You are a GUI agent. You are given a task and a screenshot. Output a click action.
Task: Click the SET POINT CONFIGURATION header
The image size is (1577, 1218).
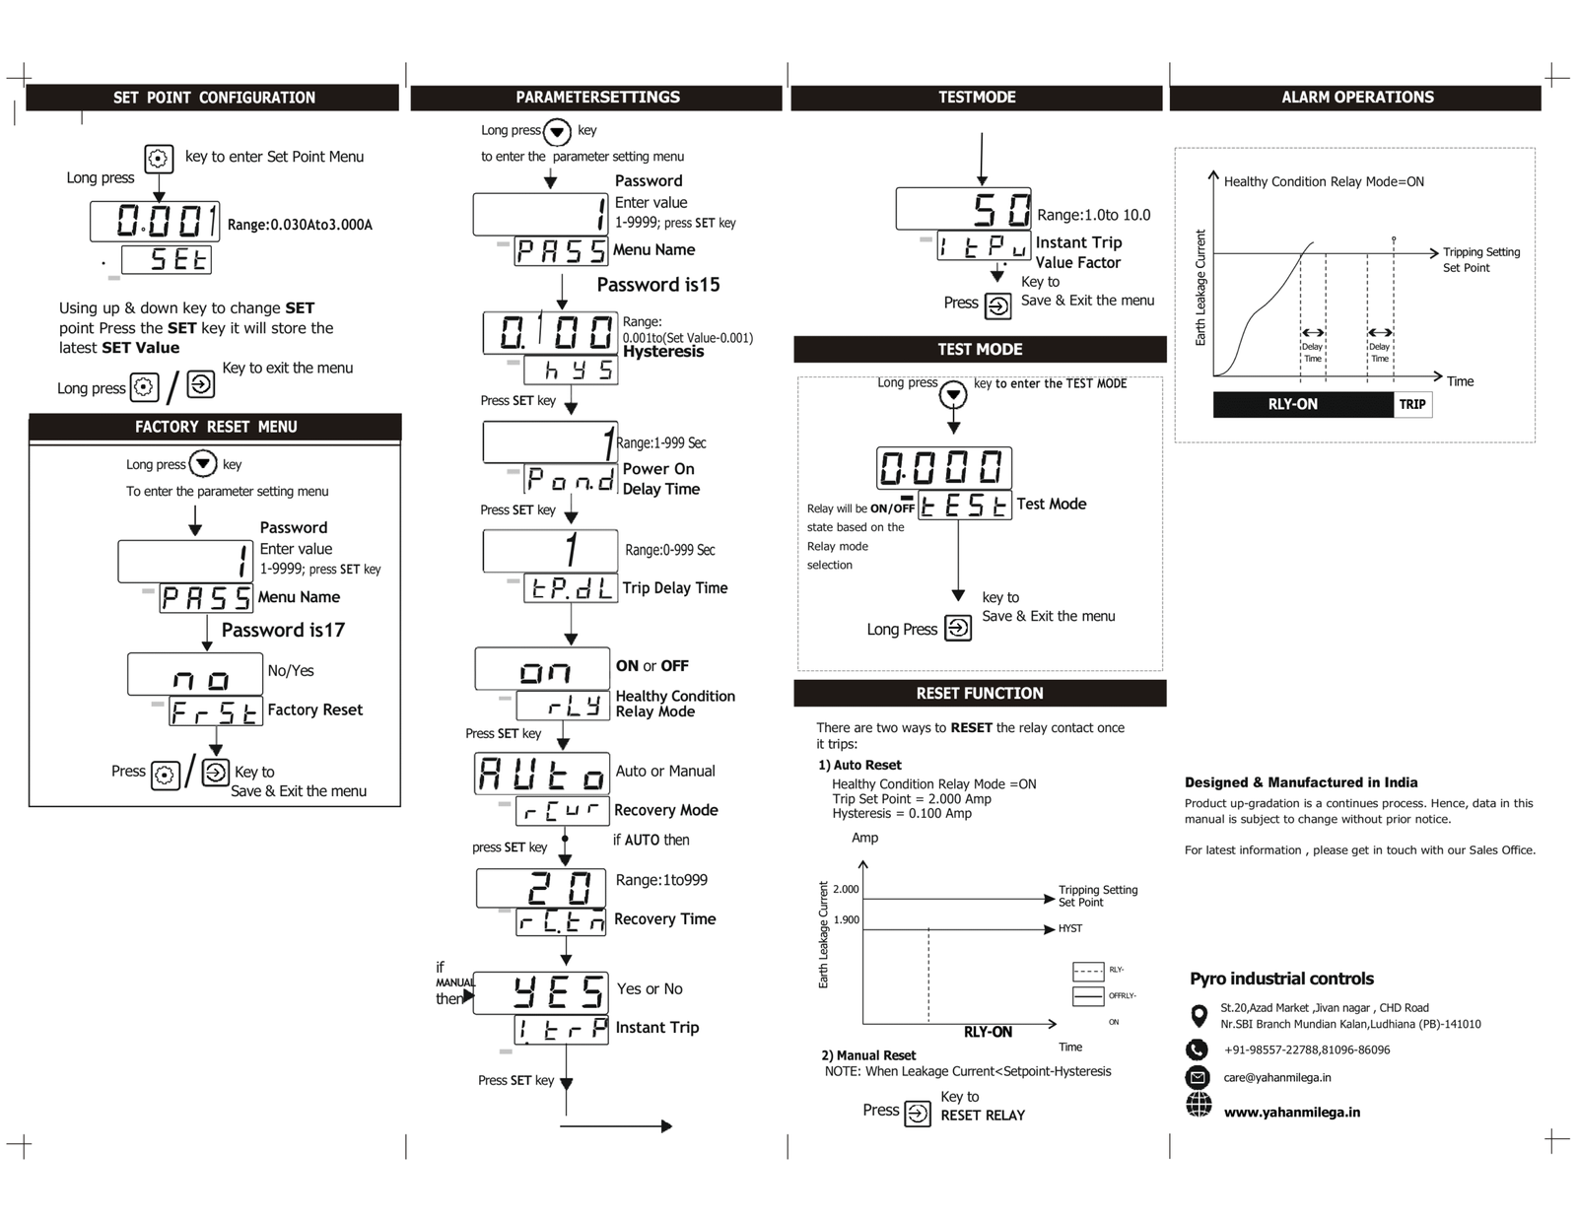point(214,98)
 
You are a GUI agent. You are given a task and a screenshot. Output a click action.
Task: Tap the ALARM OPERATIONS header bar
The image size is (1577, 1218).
point(1356,98)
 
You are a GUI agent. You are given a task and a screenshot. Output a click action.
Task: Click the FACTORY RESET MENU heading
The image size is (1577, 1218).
point(216,427)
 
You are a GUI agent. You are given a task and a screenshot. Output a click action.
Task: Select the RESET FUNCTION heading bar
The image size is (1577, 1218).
point(979,694)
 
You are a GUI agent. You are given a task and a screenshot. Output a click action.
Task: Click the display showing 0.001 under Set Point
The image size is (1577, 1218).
point(155,221)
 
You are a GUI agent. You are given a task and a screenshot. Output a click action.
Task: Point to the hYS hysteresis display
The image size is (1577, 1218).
point(570,370)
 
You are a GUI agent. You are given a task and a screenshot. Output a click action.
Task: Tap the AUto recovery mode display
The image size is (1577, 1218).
point(541,774)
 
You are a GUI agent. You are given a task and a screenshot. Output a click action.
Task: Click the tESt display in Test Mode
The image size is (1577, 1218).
point(964,505)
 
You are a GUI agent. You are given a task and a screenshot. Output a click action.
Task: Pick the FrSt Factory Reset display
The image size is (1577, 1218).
point(215,711)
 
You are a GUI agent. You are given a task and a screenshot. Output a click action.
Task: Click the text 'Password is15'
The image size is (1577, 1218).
point(658,285)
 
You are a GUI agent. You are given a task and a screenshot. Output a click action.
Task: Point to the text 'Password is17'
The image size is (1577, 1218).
point(283,631)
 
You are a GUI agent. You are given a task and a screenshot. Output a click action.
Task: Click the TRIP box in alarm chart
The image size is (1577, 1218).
point(1412,404)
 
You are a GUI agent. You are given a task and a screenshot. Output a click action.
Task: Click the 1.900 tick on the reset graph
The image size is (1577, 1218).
point(846,920)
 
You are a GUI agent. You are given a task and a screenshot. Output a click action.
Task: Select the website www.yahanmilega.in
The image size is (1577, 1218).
point(1291,1113)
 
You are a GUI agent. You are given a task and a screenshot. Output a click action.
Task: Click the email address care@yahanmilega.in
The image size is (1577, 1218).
point(1277,1078)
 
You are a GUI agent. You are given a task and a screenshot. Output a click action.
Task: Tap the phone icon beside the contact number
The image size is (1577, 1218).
point(1198,1049)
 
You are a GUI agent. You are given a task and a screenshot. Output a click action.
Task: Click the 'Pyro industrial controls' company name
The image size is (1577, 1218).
point(1281,979)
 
